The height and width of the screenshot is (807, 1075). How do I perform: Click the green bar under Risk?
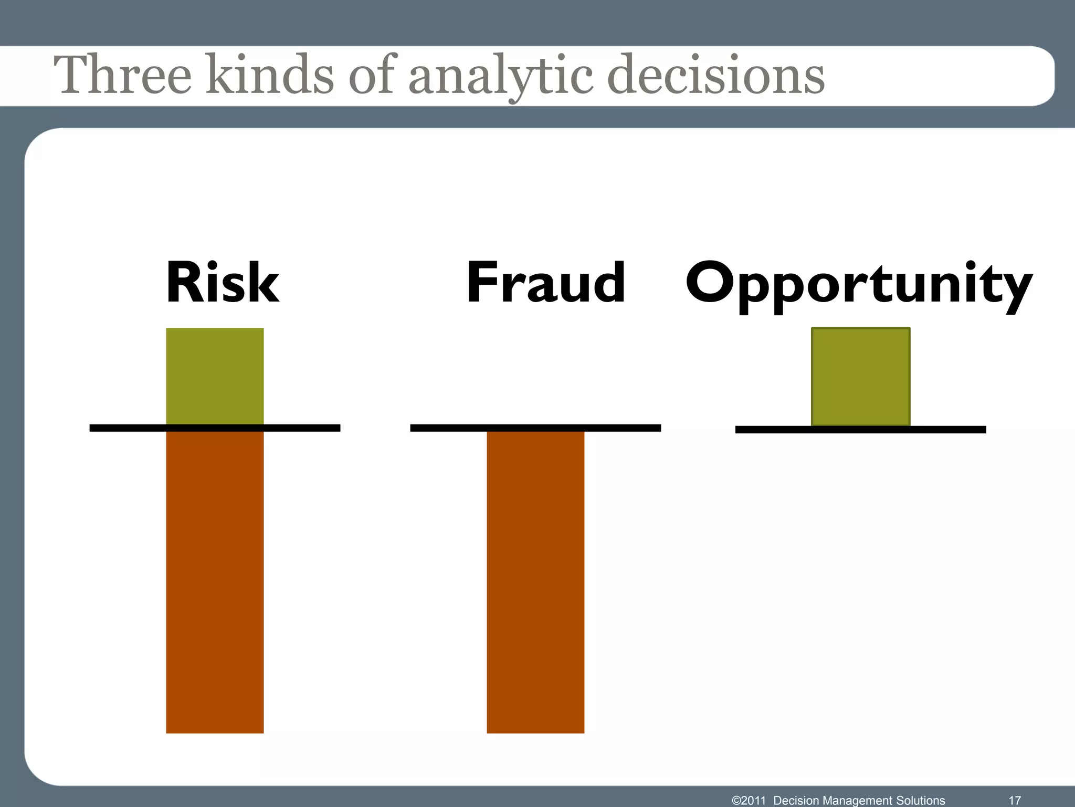215,376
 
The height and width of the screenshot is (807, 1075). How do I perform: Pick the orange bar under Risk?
215,581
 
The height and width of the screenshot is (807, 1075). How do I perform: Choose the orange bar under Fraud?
535,581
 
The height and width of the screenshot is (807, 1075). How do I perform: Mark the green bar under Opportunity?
860,376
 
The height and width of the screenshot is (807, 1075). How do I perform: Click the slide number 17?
1015,800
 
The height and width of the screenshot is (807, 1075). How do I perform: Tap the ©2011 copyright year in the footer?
749,800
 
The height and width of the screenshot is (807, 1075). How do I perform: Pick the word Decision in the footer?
796,800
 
